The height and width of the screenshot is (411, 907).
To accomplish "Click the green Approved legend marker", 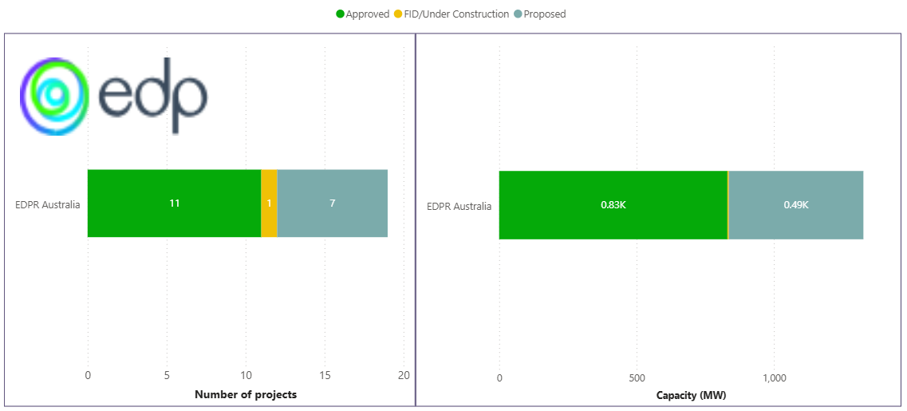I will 341,14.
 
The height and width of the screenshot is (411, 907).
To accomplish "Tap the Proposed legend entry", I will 544,14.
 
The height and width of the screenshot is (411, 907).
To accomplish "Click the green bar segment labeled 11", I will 174,204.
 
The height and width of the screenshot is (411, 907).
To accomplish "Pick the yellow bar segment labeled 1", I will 269,204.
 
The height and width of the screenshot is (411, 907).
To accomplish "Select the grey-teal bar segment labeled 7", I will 332,204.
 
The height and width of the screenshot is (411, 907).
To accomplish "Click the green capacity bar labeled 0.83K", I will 613,205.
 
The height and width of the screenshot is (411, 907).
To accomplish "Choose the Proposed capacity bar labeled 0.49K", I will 795,205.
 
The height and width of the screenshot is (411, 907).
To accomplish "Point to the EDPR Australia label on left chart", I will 48,204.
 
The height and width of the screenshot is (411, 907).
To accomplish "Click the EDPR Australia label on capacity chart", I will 459,207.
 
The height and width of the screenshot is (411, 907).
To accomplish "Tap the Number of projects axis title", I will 246,395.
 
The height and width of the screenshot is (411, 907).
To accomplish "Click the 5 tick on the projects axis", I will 167,376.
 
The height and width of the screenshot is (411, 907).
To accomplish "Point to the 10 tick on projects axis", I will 246,376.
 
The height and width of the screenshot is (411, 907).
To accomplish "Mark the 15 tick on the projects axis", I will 325,376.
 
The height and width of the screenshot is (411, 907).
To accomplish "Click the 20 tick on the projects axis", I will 404,376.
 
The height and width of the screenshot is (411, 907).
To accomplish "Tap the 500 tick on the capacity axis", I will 637,377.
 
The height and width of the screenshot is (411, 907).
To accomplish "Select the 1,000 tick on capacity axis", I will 774,377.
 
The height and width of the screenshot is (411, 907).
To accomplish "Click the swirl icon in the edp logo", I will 54,96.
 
